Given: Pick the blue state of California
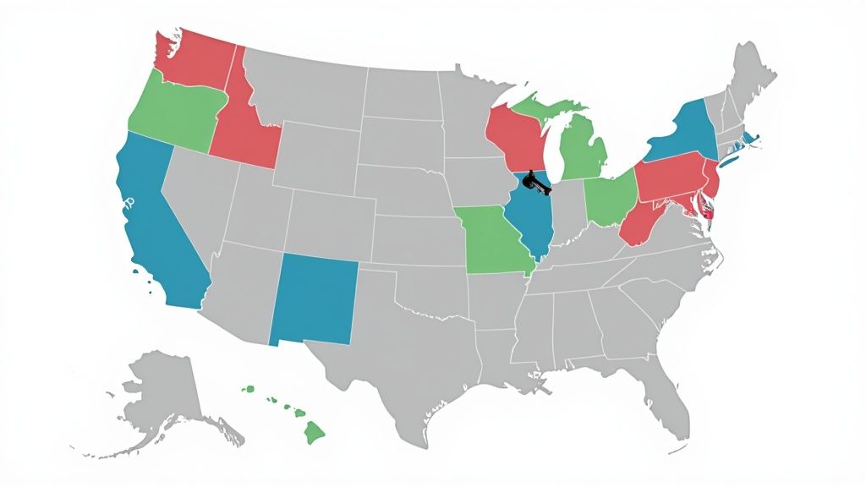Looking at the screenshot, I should click(161, 228).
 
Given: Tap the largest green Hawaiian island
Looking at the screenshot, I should click(315, 433).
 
